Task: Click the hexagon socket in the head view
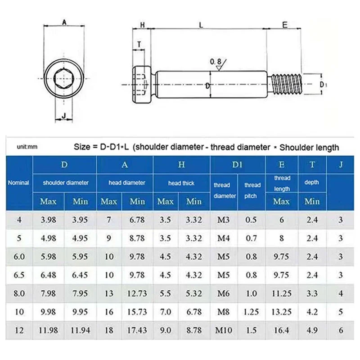(x=63, y=78)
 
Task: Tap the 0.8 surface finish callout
(x=216, y=62)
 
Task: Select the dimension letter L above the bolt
(x=201, y=25)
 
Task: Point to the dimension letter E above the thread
(x=285, y=25)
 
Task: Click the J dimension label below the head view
(x=64, y=116)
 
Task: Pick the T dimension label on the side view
(x=139, y=44)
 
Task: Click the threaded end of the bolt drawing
(x=286, y=84)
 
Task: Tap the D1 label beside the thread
(x=323, y=85)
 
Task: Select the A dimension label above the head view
(x=64, y=22)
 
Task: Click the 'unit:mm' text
(x=27, y=147)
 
